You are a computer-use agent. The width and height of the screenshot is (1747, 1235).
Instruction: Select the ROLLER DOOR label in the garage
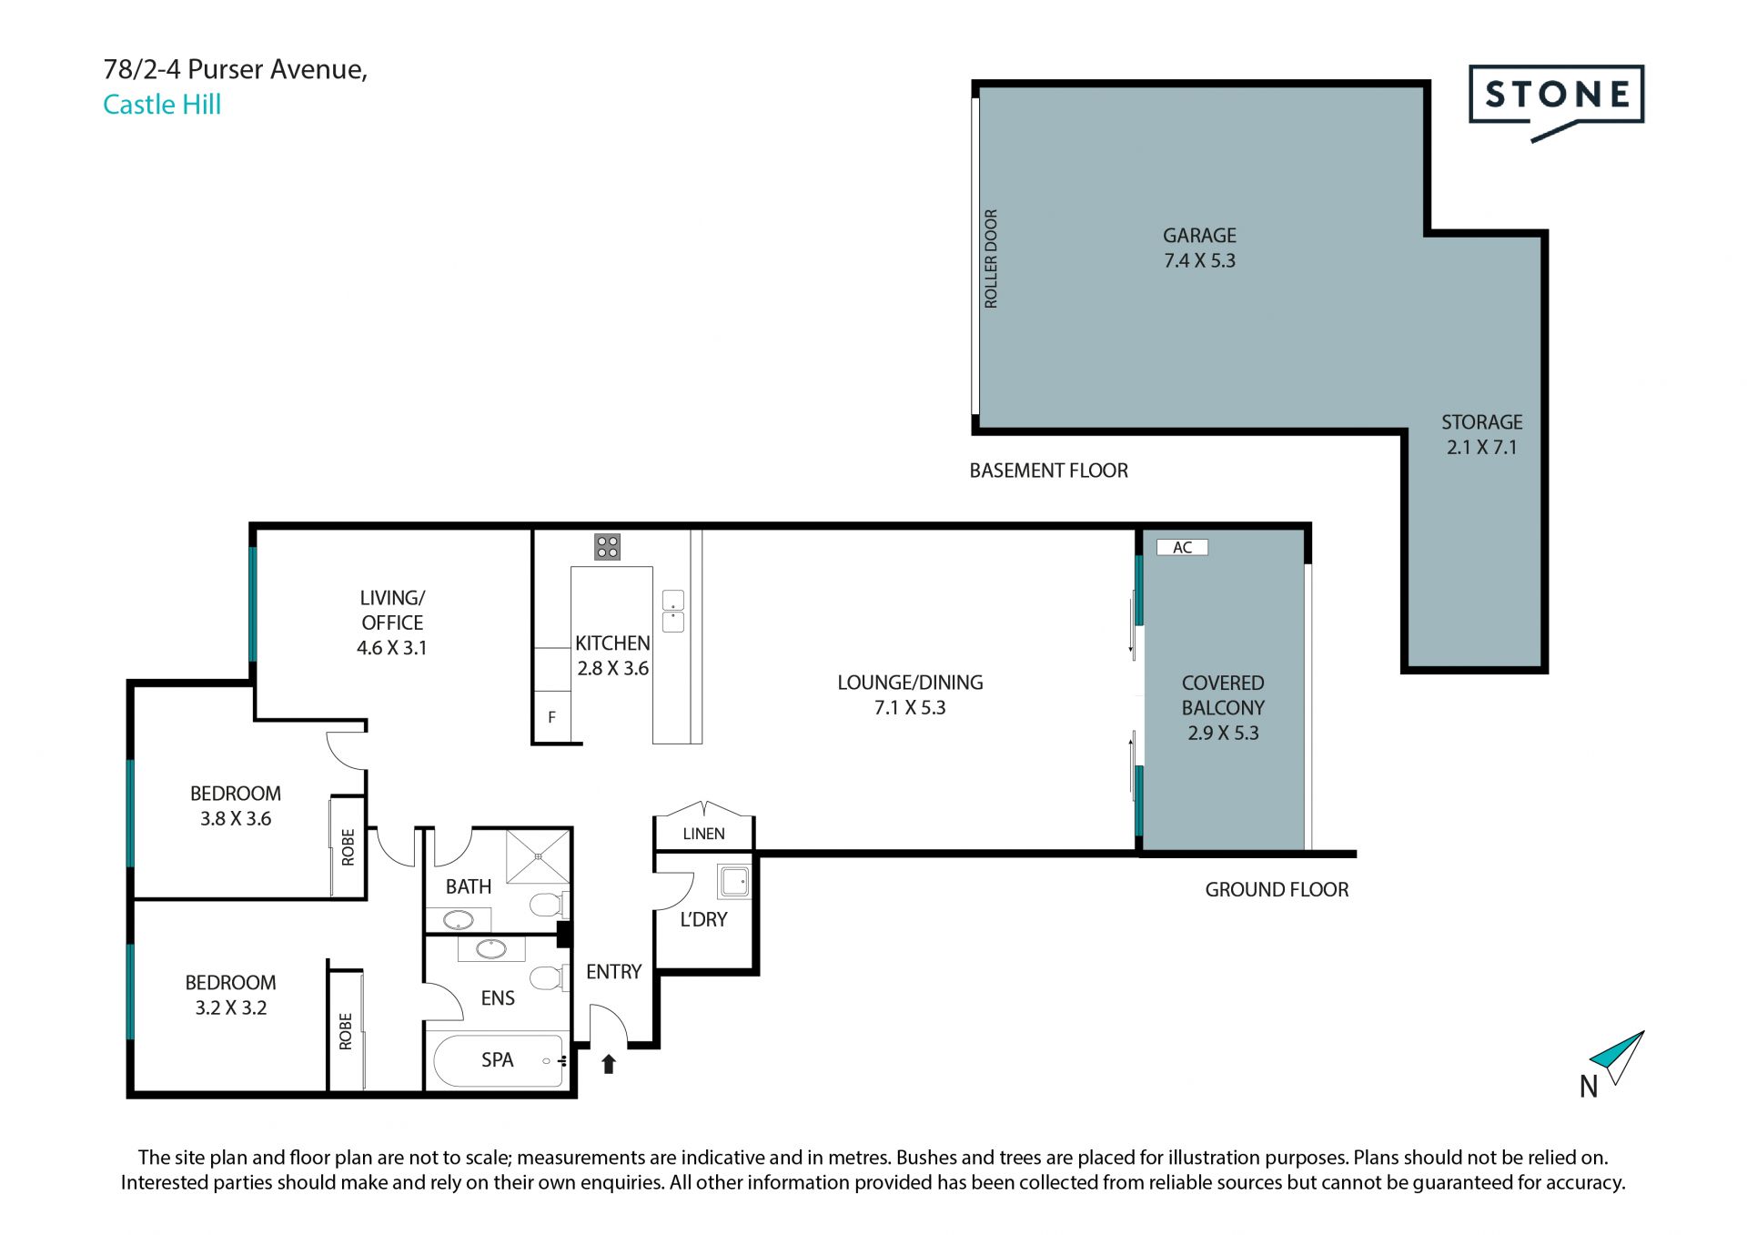coord(991,258)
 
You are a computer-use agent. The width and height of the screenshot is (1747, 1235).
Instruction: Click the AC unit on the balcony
coord(1182,547)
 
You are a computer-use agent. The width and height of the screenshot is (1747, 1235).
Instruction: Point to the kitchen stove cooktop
coord(607,547)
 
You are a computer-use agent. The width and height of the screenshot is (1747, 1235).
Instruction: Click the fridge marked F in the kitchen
coord(551,717)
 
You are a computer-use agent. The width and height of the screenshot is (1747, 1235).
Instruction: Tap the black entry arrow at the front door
coord(609,1064)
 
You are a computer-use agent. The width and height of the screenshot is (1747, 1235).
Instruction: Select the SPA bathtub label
coord(497,1060)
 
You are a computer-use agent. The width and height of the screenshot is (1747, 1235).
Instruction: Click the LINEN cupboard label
coord(703,834)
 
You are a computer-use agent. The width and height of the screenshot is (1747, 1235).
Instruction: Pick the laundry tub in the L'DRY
coord(734,881)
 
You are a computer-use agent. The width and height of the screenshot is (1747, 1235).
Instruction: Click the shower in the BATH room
coord(538,855)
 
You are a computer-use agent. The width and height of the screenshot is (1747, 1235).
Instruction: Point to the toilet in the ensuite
coord(548,977)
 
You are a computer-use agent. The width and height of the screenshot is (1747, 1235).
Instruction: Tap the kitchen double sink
coord(673,611)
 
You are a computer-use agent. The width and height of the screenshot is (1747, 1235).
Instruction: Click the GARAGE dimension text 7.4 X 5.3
coord(1199,261)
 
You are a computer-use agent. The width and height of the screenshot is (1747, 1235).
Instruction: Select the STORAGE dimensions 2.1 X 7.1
coord(1481,448)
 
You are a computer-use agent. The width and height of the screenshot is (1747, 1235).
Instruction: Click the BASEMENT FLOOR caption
coord(1048,471)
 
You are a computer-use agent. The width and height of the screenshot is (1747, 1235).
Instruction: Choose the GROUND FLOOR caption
coord(1277,890)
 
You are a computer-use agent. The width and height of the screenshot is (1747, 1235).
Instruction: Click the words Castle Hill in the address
coord(162,105)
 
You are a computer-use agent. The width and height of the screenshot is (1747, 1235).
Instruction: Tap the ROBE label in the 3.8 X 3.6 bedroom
coord(348,847)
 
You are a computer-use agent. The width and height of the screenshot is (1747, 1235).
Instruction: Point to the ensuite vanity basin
coord(491,949)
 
